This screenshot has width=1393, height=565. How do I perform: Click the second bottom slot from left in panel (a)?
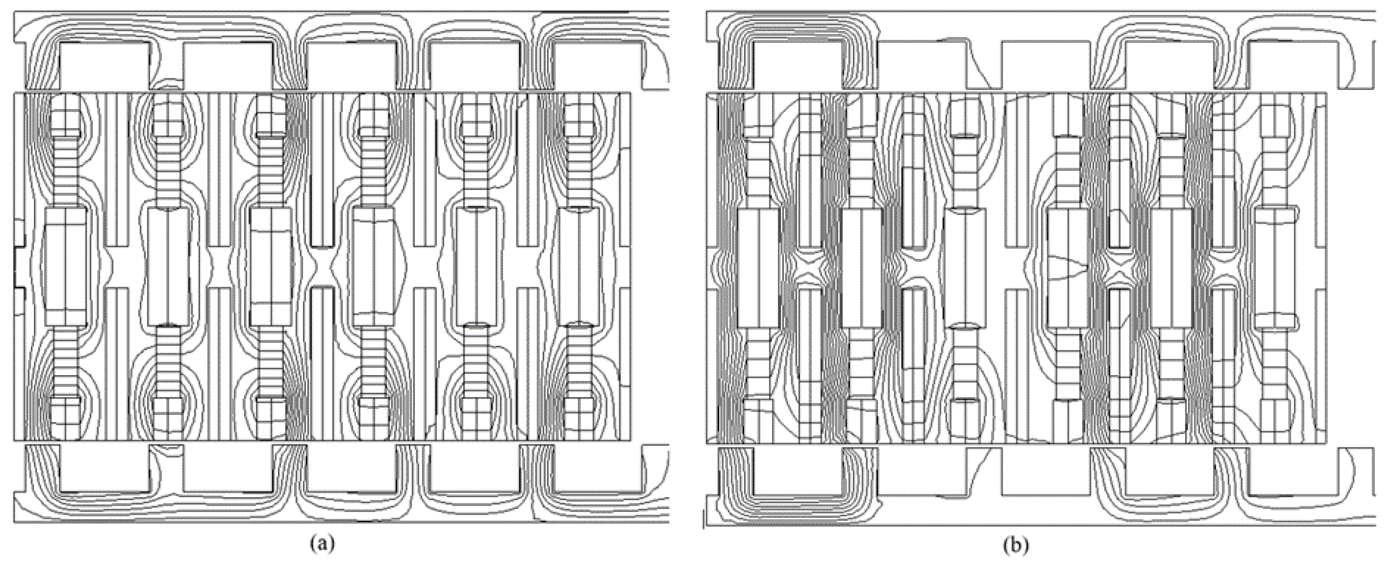227,468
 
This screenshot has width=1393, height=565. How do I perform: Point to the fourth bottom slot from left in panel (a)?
474,468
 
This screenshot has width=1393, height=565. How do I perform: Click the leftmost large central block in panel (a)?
64,267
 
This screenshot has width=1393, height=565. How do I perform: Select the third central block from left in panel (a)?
271,267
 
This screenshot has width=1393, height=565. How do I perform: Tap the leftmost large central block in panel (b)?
758,268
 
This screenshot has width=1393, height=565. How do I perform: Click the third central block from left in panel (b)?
965,268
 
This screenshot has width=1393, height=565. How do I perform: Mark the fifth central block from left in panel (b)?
1171,268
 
